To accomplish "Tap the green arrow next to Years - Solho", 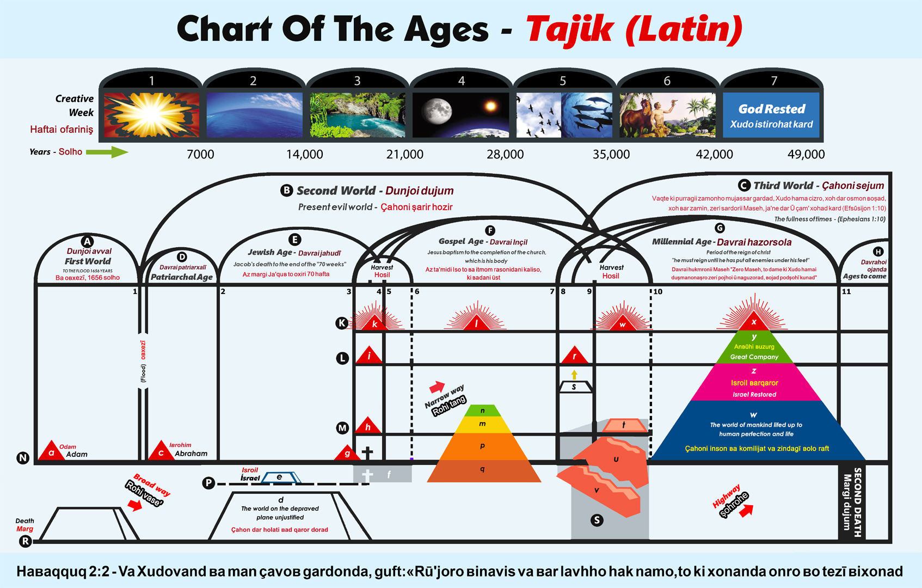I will (107, 152).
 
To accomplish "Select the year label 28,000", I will (505, 155).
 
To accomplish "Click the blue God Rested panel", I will (771, 116).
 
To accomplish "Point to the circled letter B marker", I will (286, 191).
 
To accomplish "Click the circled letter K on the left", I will (342, 323).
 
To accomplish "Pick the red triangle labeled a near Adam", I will (51, 451).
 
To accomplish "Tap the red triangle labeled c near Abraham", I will (161, 451).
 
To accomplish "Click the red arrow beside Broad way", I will (134, 505).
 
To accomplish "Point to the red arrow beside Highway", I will (747, 510).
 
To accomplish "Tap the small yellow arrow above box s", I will (574, 375).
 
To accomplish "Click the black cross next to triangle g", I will (367, 452).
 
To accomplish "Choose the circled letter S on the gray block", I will (597, 520).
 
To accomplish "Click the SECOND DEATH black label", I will (852, 501).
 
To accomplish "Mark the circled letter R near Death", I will (25, 541).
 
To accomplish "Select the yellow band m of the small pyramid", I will (482, 424).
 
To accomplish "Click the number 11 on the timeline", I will (846, 291).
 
